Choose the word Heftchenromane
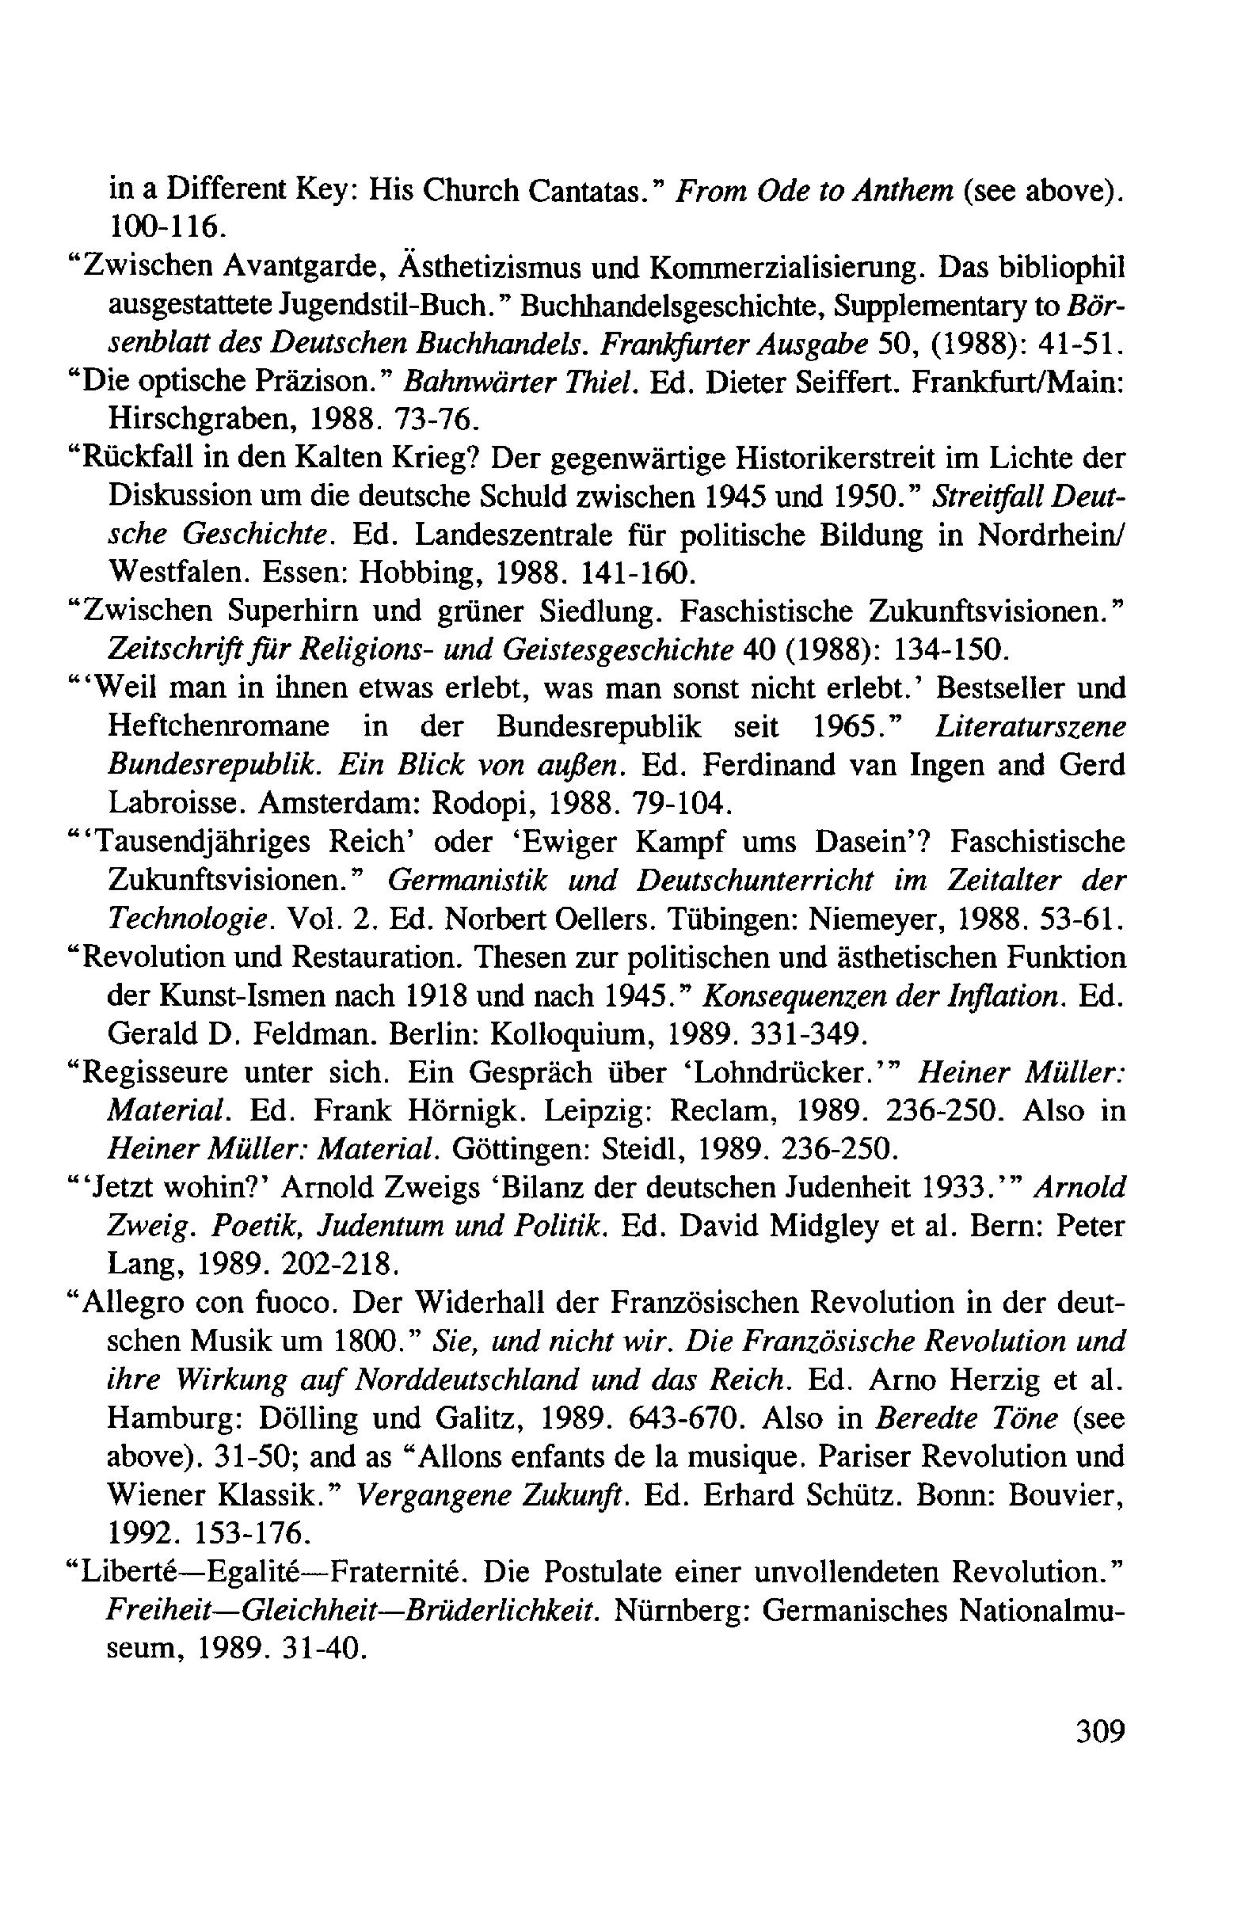click(x=218, y=726)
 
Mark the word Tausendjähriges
click(x=215, y=842)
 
